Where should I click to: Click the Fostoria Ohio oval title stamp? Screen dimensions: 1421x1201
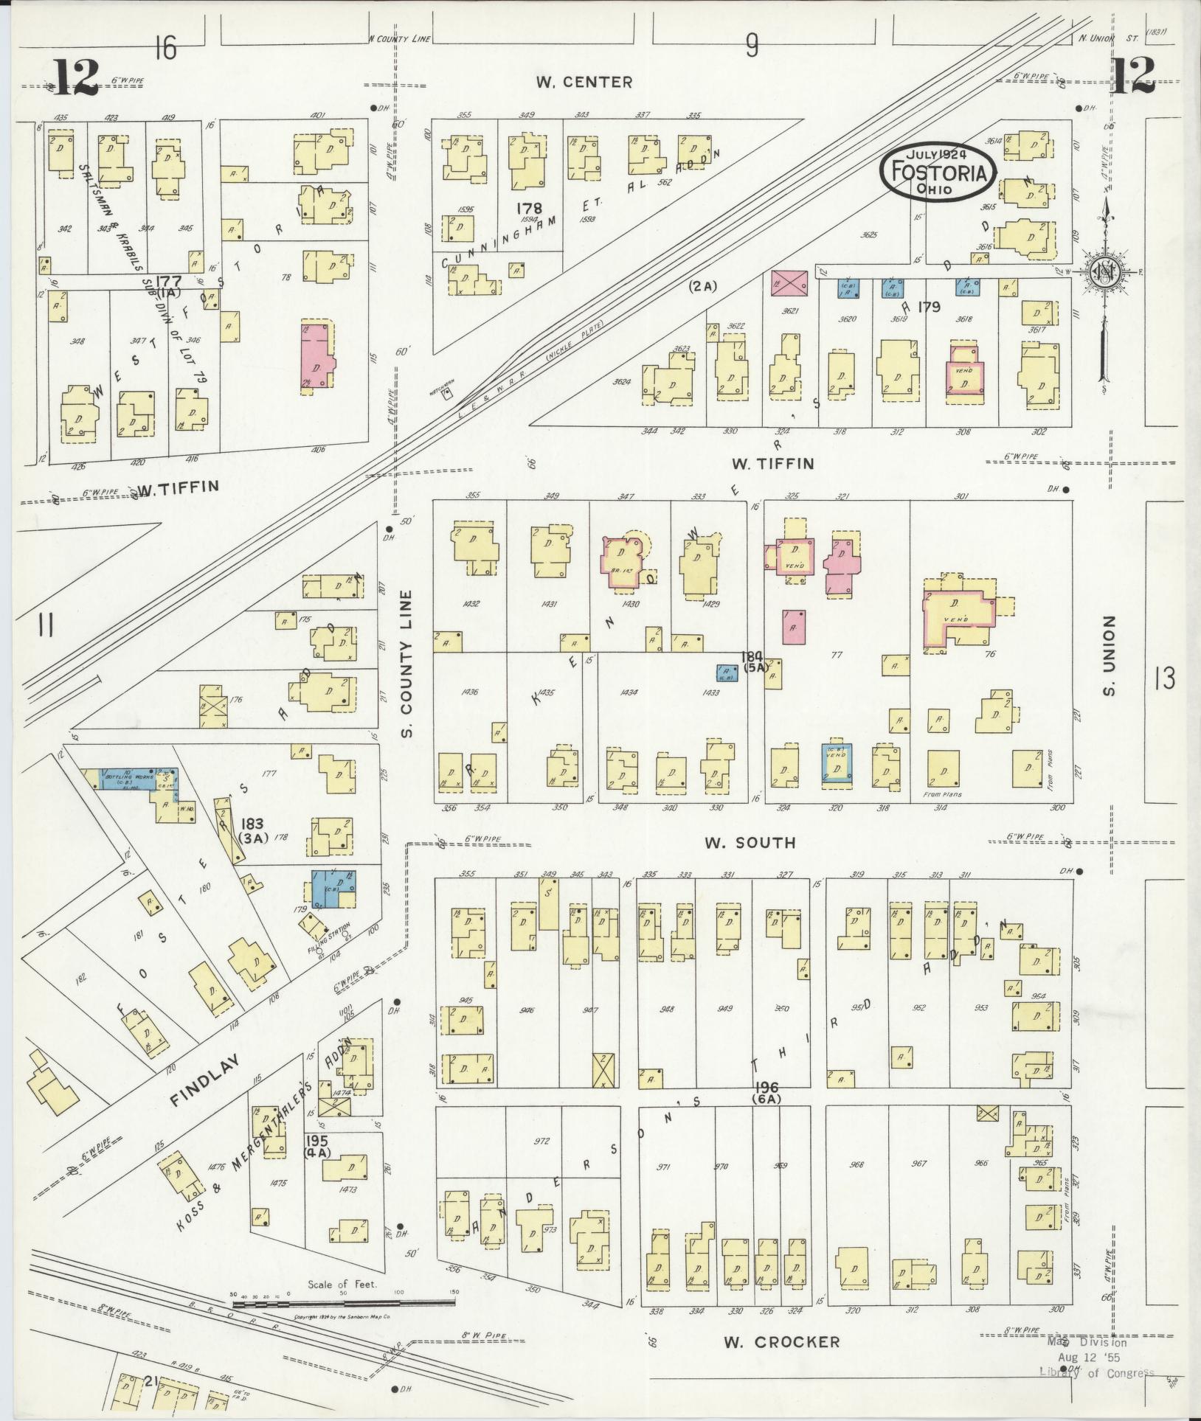tap(938, 171)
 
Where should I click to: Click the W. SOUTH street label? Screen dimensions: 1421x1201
tap(750, 842)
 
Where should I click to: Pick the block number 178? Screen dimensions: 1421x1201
tap(530, 209)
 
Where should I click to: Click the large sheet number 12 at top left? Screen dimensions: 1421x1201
tap(76, 77)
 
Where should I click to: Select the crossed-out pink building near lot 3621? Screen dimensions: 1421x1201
tap(788, 282)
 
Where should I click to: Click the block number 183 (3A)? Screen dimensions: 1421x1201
tap(251, 830)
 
